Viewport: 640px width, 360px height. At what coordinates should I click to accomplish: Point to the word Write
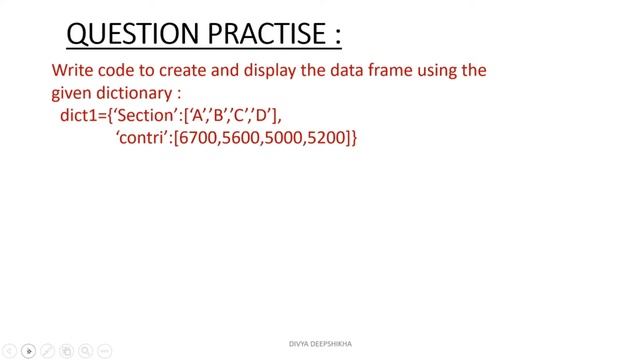(x=74, y=72)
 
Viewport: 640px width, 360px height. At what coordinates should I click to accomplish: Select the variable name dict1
(x=80, y=116)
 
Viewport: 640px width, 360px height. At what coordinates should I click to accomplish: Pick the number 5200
(x=328, y=138)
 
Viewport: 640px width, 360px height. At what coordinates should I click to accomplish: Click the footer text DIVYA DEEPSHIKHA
(x=319, y=344)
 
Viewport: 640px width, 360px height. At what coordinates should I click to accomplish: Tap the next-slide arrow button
(x=28, y=351)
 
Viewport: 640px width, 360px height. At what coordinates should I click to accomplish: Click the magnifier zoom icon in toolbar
(x=84, y=351)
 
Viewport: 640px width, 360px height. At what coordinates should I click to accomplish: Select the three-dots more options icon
(x=103, y=351)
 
